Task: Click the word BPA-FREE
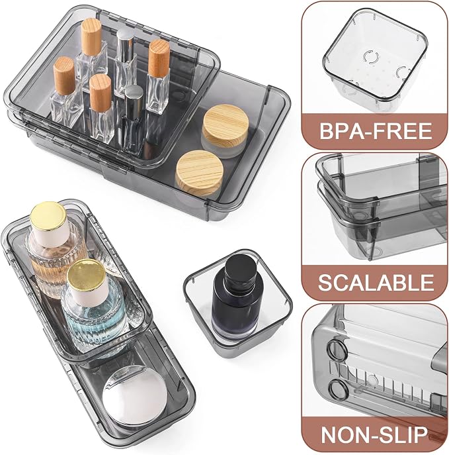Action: click(x=376, y=130)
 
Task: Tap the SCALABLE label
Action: click(x=376, y=282)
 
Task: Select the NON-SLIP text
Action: click(x=374, y=434)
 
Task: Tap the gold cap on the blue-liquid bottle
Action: click(x=87, y=275)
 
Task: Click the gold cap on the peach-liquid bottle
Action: click(x=48, y=217)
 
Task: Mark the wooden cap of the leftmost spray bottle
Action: click(x=64, y=76)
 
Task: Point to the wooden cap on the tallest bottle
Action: click(x=91, y=36)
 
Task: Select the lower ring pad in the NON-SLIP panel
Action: click(x=338, y=389)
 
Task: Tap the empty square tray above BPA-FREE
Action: click(x=375, y=59)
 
